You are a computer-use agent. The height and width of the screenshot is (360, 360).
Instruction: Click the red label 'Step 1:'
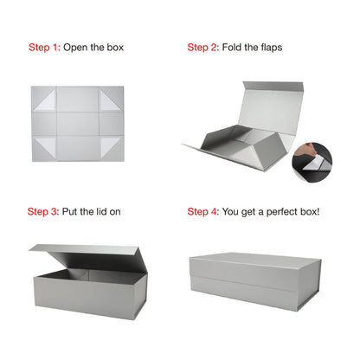[x=45, y=47]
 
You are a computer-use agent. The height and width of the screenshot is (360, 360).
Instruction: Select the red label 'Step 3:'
[x=43, y=211]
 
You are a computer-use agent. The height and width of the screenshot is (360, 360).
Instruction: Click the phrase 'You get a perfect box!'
[x=271, y=211]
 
